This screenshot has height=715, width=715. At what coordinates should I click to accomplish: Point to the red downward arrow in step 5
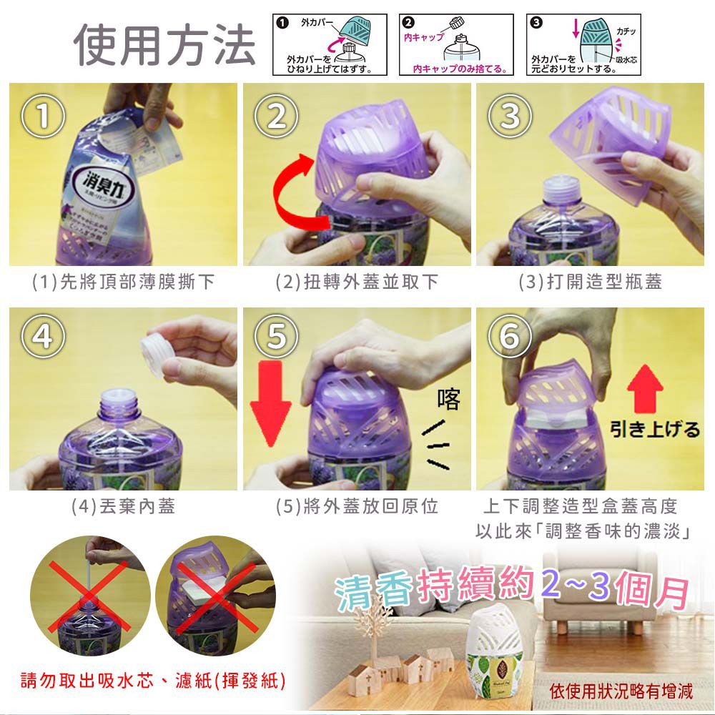click(271, 404)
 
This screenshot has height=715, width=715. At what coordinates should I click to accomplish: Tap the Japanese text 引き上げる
click(654, 429)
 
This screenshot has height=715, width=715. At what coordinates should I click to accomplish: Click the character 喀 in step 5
click(450, 400)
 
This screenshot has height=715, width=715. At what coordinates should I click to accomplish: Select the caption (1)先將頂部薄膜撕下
click(123, 282)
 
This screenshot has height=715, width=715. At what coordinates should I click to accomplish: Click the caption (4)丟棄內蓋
click(123, 507)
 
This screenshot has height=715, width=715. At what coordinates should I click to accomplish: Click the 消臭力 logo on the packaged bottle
click(102, 177)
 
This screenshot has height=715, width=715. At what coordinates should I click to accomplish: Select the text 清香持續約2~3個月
click(512, 589)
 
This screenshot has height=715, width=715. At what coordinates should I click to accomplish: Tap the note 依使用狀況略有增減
click(621, 691)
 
